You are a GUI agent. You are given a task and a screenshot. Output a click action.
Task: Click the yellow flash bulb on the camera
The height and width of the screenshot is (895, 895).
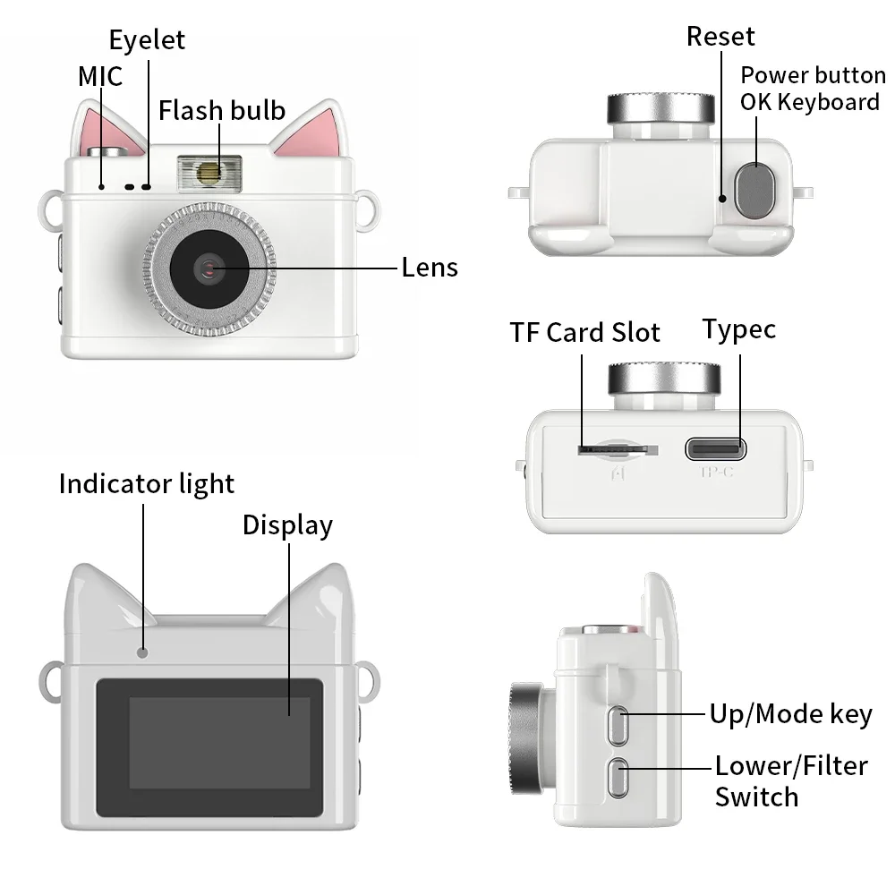pos(209,171)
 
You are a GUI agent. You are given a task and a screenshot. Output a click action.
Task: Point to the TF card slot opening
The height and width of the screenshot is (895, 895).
pos(609,447)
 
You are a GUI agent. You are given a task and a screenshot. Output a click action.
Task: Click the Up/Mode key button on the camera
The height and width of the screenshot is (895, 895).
pos(616,724)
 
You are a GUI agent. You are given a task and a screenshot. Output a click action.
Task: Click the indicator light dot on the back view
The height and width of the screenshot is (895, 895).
pos(142,652)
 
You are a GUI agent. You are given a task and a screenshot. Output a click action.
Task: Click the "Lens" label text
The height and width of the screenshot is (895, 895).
pos(430,267)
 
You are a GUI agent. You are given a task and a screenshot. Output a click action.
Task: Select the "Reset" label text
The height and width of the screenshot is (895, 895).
pos(720,36)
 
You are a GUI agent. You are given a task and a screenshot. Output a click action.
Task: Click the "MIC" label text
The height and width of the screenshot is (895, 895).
pos(100,76)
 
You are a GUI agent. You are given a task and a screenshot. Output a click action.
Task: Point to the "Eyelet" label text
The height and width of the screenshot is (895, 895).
pos(147,39)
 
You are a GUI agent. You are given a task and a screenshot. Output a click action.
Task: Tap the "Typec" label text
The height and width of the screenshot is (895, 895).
pos(738,329)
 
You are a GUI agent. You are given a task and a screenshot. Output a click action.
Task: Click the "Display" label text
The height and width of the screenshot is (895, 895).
pos(287,524)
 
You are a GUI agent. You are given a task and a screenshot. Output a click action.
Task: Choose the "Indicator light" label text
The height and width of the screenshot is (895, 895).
pos(147,483)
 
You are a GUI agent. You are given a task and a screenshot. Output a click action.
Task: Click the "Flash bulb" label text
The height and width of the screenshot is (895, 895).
pos(222,110)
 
